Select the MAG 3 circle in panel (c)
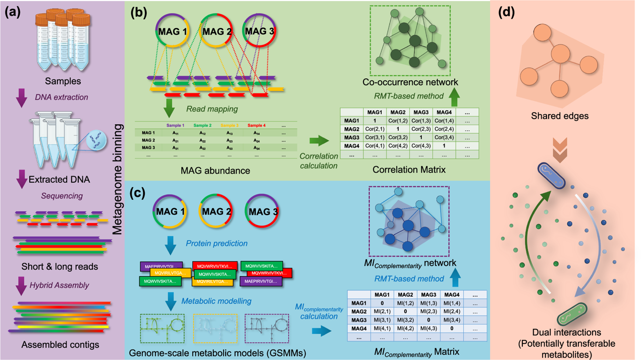point(261,212)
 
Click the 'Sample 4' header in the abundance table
point(256,125)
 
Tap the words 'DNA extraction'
point(62,97)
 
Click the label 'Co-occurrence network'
point(410,82)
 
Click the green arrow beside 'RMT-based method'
point(454,96)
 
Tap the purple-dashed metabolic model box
point(266,328)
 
